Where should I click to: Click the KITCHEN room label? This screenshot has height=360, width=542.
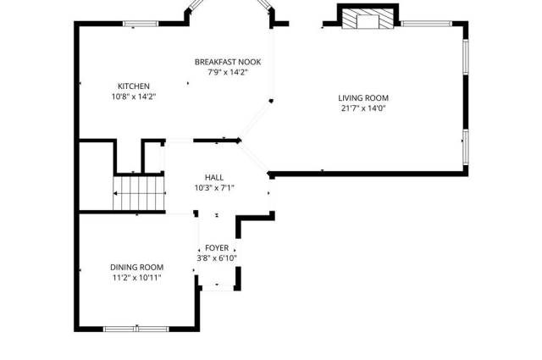134,86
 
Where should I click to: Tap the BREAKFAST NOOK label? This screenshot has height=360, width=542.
228,62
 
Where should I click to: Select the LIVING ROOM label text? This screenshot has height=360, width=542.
363,98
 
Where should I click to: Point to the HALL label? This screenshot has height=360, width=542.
214,177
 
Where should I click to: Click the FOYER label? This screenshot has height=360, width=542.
217,248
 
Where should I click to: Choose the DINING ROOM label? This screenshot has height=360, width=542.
136,268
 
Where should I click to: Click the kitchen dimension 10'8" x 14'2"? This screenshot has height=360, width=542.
134,97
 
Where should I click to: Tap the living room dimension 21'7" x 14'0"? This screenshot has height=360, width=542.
363,108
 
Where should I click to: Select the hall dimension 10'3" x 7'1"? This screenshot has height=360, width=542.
214,188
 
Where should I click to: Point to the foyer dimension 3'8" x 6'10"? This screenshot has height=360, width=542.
217,258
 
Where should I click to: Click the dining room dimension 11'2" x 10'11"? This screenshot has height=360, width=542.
136,278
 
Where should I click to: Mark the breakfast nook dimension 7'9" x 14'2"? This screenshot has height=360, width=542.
228,73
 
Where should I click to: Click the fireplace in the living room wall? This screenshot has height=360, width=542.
368,17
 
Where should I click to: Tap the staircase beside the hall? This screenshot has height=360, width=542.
139,193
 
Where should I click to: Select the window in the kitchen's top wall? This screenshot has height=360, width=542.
141,24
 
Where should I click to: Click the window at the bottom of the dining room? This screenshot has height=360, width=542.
136,329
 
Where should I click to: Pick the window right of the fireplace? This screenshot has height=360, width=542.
426,24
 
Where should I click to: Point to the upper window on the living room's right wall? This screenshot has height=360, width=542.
466,57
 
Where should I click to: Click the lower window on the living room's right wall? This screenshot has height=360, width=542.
466,147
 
